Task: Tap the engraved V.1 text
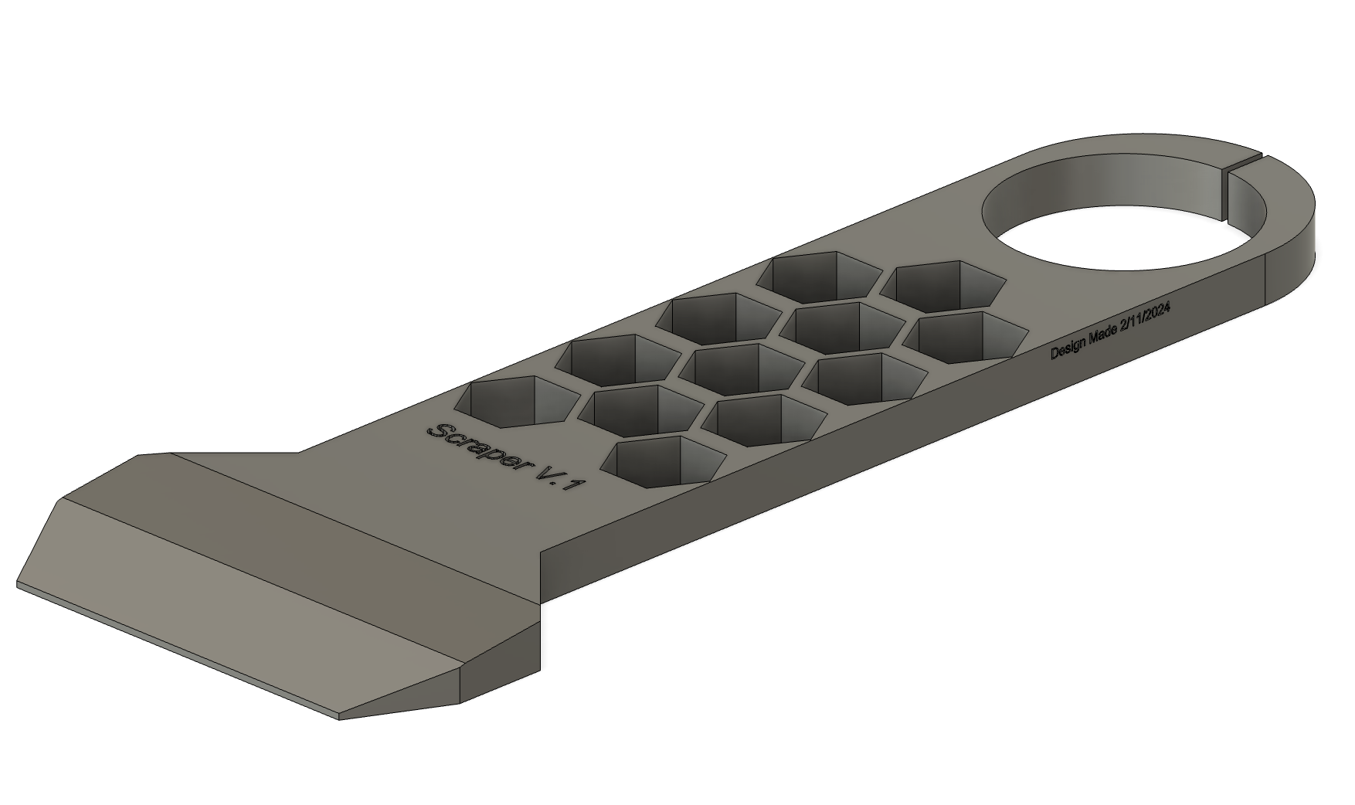[x=564, y=487]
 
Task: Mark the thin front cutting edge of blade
[x=178, y=653]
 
